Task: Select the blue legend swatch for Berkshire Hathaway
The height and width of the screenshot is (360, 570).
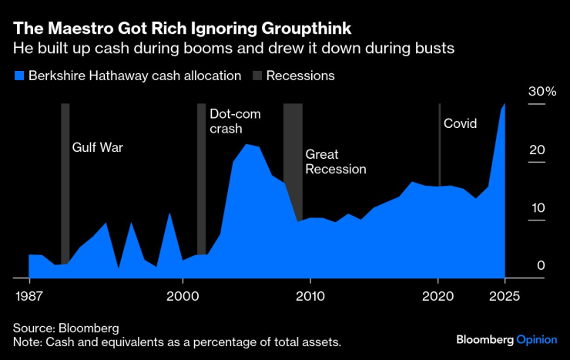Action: [x=18, y=76]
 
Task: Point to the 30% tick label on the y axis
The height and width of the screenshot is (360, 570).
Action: [x=541, y=92]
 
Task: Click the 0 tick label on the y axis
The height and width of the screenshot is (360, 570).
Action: [x=541, y=266]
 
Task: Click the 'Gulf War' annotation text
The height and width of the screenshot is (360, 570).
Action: [x=97, y=147]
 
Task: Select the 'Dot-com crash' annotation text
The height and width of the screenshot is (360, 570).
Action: [x=235, y=122]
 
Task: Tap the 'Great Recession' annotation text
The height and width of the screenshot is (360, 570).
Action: [x=335, y=161]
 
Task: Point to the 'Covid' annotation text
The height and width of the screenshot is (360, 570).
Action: [x=460, y=123]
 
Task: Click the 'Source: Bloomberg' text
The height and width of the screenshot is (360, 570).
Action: [x=65, y=328]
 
